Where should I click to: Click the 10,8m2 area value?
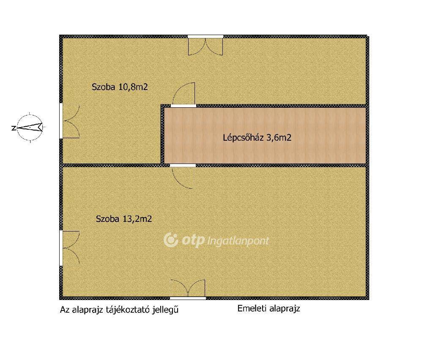(133, 87)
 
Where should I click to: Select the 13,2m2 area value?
(137, 219)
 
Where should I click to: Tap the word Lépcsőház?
(243, 138)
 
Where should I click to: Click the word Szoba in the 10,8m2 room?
(104, 87)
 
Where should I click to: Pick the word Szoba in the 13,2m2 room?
(108, 219)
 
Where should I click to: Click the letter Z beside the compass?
(13, 128)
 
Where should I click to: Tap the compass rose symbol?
(30, 128)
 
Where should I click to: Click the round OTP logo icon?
(171, 240)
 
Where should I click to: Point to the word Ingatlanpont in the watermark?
(238, 241)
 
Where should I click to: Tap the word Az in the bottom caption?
(64, 310)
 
